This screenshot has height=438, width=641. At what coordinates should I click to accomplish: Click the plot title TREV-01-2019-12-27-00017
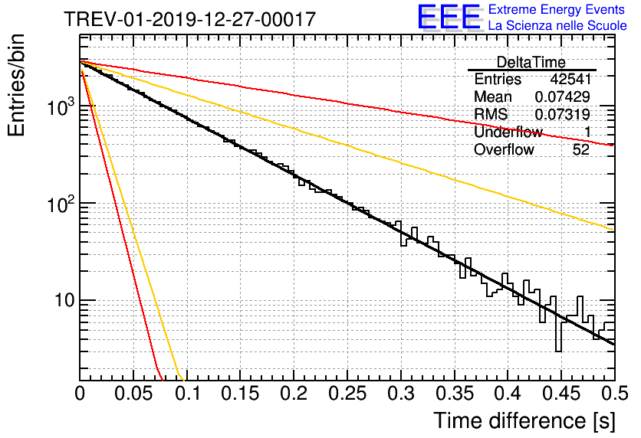coord(190,19)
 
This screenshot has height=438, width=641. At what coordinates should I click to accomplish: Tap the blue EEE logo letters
coord(449,17)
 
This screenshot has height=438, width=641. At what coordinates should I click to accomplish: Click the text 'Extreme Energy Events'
coord(557,9)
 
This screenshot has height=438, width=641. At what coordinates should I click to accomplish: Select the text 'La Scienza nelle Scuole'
coord(557,25)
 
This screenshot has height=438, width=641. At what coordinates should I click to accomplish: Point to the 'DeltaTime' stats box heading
coord(531,62)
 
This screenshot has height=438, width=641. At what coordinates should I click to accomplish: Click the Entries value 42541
coord(570,79)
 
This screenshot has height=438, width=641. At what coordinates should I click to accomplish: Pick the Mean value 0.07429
coord(563,96)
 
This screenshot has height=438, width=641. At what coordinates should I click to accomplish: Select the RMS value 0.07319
coord(563,114)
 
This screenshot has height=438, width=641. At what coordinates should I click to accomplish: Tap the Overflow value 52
coord(581,150)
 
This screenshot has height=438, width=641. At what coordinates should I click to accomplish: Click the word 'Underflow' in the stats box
coord(508,132)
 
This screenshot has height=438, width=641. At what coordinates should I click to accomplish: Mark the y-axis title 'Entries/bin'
coord(16,86)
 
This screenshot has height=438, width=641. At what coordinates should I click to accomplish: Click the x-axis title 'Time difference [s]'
coord(524,420)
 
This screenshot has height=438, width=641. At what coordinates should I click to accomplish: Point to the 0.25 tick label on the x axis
coord(348,394)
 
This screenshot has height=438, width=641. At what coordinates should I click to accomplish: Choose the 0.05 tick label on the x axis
coord(133,394)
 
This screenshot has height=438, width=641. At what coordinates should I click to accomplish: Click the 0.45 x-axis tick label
coord(562,394)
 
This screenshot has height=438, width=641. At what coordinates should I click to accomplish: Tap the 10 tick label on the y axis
coord(65,300)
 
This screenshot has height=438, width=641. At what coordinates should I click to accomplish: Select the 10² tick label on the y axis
coord(61,203)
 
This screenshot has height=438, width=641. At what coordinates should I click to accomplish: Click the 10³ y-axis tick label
coord(61,107)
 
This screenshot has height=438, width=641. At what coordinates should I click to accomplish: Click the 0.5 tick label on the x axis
coord(615,394)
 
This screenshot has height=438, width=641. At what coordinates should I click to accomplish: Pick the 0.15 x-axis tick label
coord(241,394)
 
